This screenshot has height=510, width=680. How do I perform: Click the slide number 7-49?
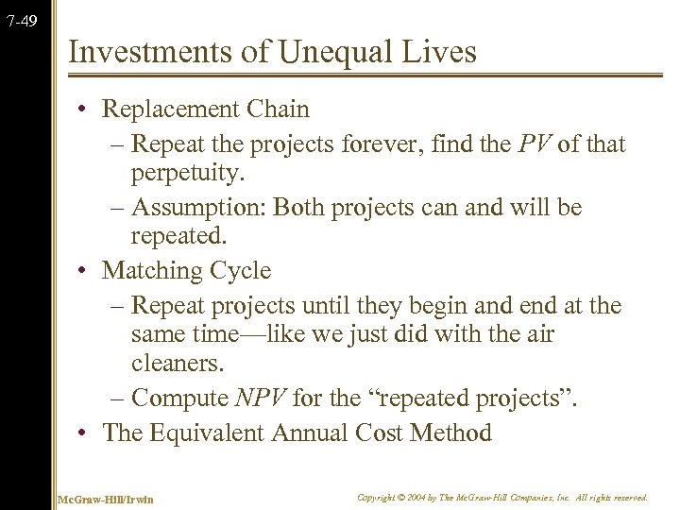click(x=21, y=19)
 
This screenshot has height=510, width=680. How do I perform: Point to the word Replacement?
click(x=163, y=110)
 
